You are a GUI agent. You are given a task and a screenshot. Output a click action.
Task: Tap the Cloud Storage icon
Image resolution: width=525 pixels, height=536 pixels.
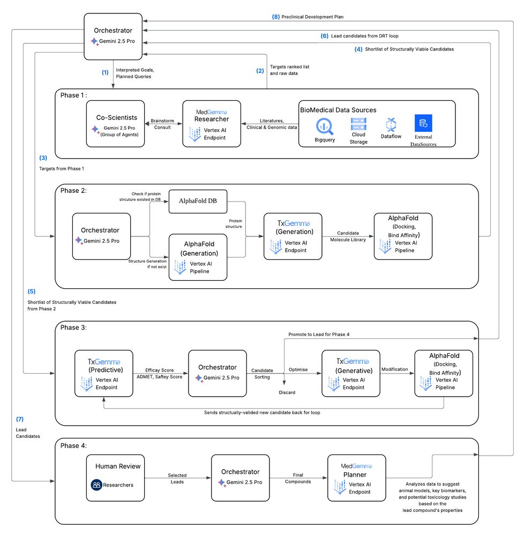tap(358, 124)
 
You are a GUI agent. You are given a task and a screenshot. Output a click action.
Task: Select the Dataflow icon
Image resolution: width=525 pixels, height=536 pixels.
tap(391, 124)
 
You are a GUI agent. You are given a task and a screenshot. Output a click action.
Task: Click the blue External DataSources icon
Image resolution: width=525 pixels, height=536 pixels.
tap(423, 124)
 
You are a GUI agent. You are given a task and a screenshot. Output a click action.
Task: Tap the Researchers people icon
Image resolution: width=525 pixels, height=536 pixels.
tap(96, 485)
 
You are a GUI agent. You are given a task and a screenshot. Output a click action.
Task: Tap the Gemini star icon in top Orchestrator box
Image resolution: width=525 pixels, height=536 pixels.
tap(95, 41)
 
